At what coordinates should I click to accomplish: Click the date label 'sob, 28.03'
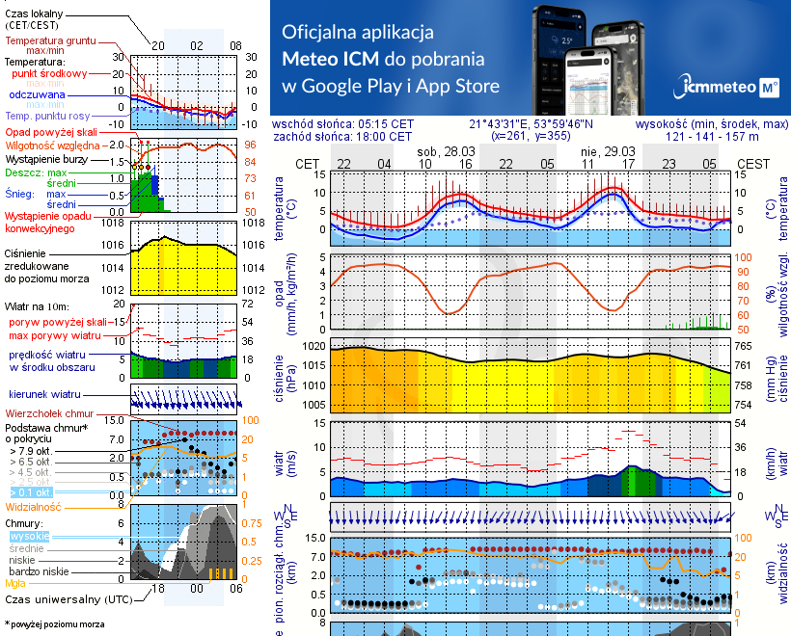pyautogui.click(x=445, y=152)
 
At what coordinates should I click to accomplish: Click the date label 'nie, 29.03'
pyautogui.click(x=608, y=152)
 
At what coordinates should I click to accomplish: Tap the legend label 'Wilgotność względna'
pyautogui.click(x=47, y=144)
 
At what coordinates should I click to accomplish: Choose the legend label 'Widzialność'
pyautogui.click(x=34, y=506)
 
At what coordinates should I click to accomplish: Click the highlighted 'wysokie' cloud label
pyautogui.click(x=28, y=535)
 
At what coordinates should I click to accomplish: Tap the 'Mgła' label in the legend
pyautogui.click(x=15, y=583)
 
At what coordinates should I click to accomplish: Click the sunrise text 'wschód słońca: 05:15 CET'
pyautogui.click(x=342, y=124)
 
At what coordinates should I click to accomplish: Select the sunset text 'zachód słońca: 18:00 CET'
pyautogui.click(x=342, y=137)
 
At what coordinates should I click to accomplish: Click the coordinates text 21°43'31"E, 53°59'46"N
pyautogui.click(x=531, y=124)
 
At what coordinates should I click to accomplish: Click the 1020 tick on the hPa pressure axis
pyautogui.click(x=315, y=346)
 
